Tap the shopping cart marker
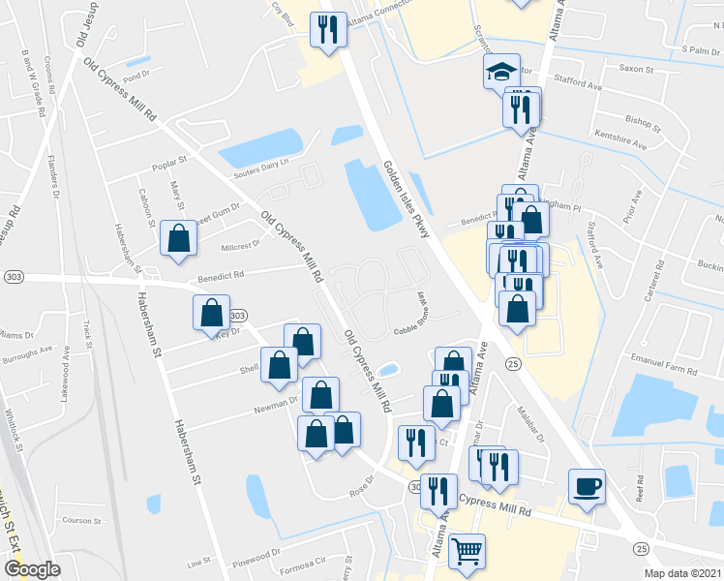point(468,551)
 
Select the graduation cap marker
point(500,72)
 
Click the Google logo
point(32,568)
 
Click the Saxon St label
point(637,70)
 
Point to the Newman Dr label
point(278,402)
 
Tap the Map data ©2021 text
point(683,573)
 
